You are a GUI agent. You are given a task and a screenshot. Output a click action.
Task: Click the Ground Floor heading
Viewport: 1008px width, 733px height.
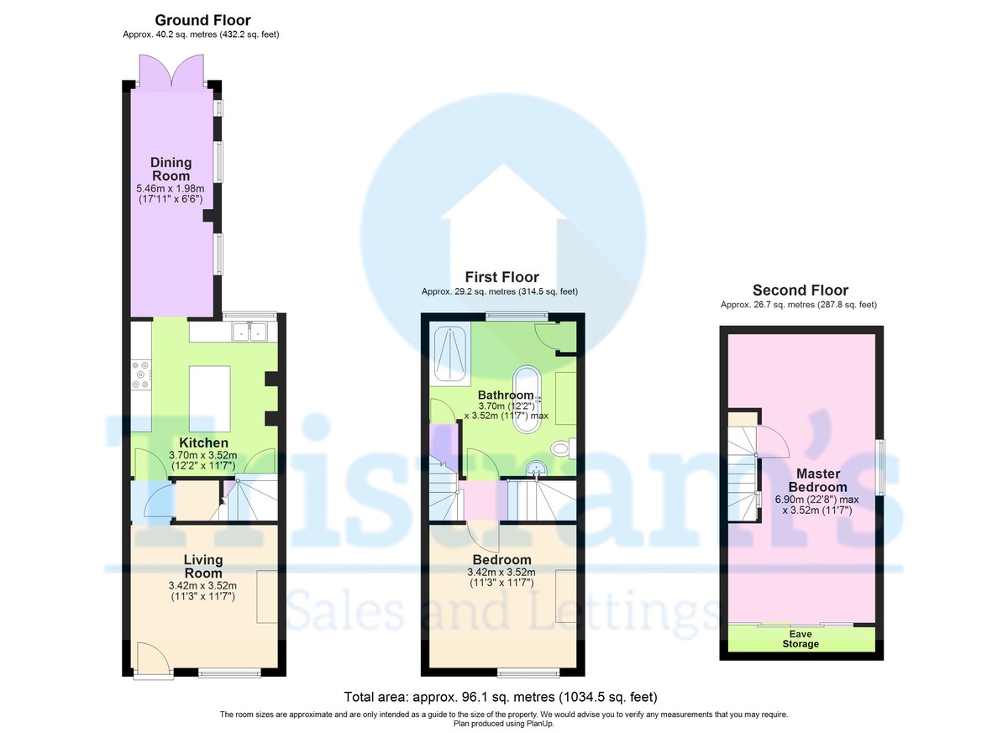202,20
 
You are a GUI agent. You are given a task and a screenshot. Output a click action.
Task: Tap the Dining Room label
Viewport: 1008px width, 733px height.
171,169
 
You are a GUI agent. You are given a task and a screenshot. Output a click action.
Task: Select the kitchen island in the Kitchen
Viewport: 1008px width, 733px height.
210,399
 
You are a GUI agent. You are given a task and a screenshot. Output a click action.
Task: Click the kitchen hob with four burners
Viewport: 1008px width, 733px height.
141,374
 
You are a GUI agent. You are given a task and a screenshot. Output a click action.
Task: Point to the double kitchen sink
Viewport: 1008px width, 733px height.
249,332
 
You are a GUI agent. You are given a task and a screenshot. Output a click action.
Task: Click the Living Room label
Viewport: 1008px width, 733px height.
203,567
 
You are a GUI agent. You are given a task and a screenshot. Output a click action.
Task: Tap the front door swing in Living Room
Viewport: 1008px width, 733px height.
153,658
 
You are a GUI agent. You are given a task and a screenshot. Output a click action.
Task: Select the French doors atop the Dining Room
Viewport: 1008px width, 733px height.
171,71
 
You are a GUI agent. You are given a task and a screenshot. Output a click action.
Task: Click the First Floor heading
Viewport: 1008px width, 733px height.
501,277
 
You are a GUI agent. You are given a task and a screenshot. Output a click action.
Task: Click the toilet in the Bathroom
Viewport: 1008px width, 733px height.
563,448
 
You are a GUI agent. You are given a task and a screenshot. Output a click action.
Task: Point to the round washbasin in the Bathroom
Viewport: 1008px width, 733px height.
537,469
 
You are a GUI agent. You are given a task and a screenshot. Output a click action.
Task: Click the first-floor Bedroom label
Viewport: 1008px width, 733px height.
501,560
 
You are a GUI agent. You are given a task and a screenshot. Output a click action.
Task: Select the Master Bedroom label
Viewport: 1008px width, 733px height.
817,480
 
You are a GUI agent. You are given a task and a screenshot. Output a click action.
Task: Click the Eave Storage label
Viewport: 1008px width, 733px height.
800,639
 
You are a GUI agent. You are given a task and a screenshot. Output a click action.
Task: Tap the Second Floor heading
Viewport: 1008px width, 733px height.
801,290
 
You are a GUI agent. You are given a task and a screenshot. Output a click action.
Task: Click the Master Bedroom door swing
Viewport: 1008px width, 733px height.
773,441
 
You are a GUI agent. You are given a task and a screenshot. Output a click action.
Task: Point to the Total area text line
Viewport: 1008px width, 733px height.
501,697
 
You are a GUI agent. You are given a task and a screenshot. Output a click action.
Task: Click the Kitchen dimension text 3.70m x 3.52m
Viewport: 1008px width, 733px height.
202,455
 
